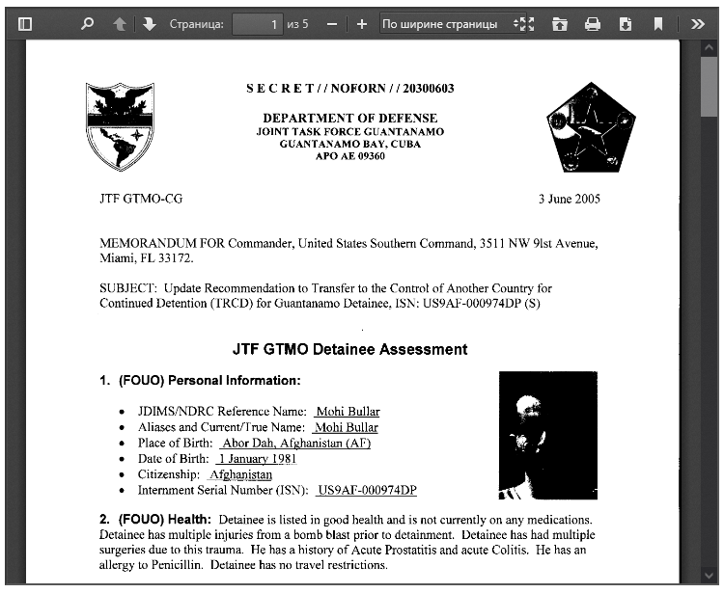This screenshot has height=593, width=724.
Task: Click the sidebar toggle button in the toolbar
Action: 26,24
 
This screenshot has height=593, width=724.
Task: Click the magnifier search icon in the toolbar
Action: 87,24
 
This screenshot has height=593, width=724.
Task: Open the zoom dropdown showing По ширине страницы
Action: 446,24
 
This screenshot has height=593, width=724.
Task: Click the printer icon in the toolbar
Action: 593,24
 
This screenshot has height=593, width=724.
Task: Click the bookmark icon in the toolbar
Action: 658,24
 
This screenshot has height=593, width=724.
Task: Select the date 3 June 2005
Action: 569,200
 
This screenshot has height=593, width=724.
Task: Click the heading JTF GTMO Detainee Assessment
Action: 349,350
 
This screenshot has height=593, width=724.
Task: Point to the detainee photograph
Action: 547,435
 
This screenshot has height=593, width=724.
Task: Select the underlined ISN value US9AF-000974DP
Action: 367,491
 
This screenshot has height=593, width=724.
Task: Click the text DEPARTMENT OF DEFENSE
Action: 349,119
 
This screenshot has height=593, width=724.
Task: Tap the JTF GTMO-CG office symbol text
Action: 141,200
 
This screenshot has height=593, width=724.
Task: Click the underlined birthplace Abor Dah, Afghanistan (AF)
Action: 295,444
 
